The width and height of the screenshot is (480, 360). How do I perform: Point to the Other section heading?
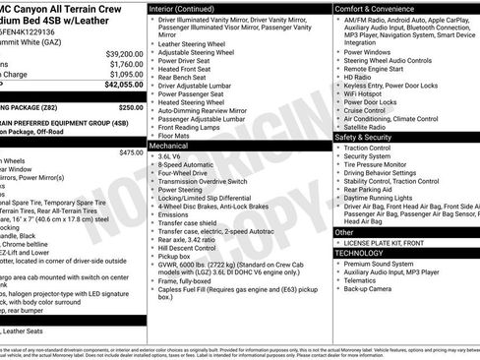345,232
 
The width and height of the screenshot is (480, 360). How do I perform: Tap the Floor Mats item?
177,135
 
